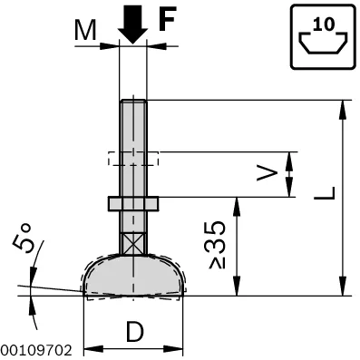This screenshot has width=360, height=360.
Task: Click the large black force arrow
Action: (132, 25)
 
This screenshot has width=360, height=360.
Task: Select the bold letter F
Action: (168, 18)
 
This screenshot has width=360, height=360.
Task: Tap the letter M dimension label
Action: (85, 30)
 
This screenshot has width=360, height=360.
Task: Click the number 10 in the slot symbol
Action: (324, 24)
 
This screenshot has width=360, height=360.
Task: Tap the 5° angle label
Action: (22, 238)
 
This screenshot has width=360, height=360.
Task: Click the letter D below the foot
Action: (135, 332)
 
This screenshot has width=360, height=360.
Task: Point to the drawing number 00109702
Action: (36, 350)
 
